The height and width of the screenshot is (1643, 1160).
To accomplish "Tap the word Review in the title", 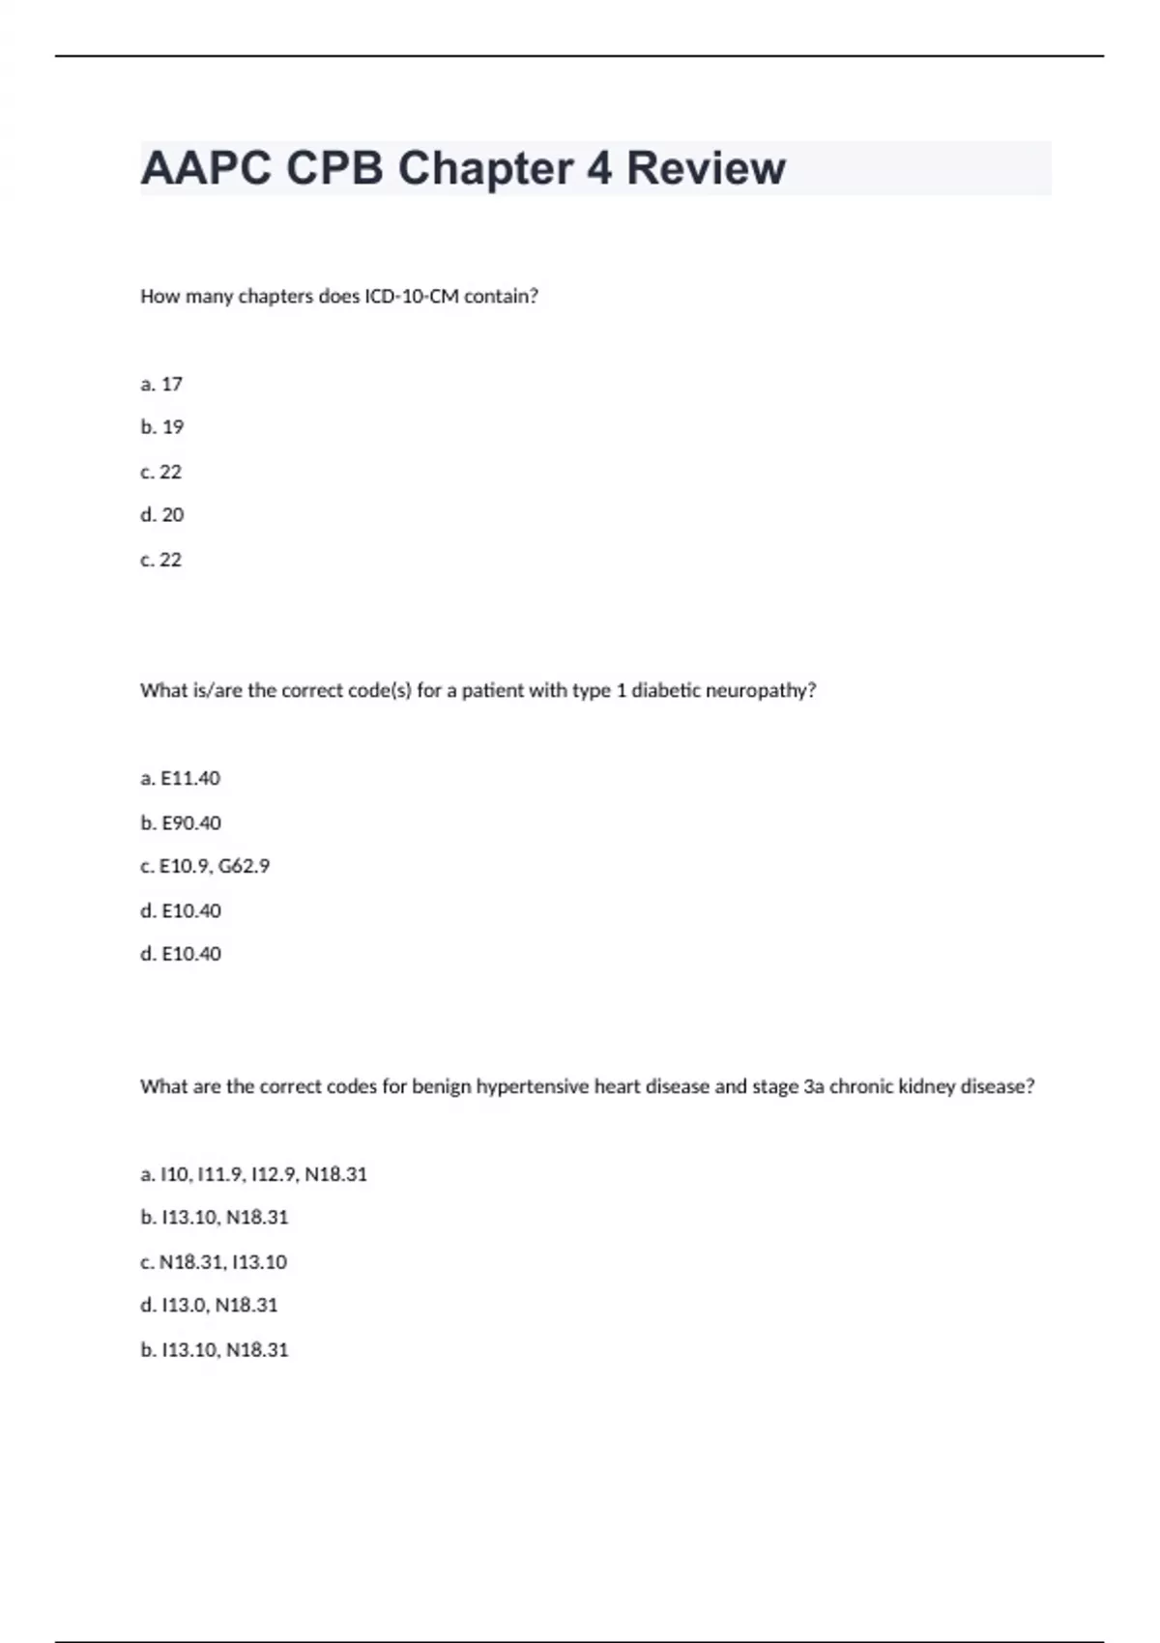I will point(706,168).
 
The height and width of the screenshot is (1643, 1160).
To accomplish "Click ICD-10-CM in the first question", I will point(411,297).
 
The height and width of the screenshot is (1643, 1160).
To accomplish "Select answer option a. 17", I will point(161,385).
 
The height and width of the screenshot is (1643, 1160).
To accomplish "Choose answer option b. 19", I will point(161,427).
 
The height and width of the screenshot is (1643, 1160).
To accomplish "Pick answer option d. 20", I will point(161,515).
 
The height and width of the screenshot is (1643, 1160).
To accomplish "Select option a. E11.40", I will point(180,779).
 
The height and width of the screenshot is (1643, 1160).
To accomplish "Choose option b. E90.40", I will point(181,823).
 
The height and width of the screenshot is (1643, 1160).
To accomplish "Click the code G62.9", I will point(244,867).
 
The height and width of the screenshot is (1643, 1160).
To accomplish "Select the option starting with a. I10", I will point(253,1175).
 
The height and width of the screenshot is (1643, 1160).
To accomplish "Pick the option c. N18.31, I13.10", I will point(214,1262).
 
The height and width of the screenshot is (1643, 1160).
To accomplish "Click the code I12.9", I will point(274,1175).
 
